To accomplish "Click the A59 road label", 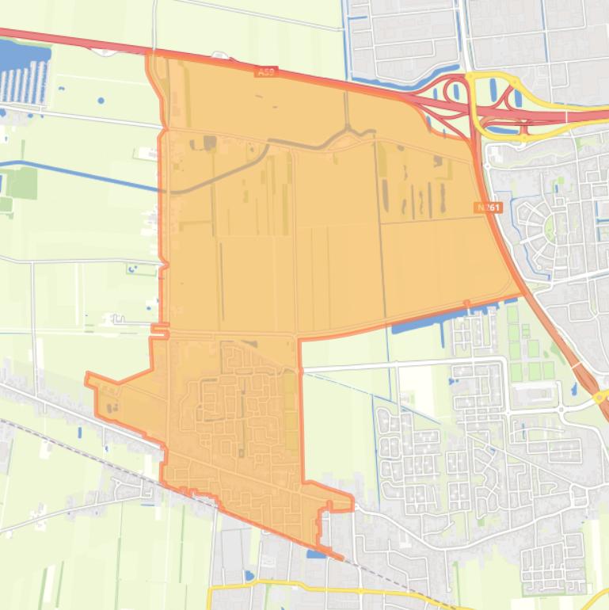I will [266, 72].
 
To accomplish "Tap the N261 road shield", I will [488, 208].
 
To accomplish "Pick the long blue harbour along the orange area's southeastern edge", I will [432, 320].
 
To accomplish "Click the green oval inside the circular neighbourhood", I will [549, 229].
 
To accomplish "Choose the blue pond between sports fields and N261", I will [574, 389].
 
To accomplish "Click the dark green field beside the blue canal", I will [22, 183].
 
